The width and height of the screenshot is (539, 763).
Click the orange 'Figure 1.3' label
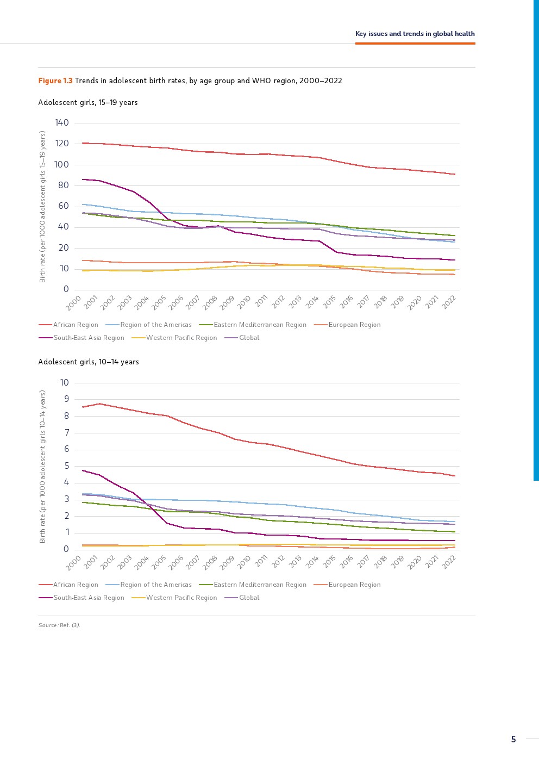click(x=55, y=80)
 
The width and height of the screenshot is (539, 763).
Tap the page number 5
click(x=513, y=739)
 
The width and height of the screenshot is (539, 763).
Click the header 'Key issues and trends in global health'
click(x=415, y=34)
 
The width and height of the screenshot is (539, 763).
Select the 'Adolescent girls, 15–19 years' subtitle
click(x=88, y=102)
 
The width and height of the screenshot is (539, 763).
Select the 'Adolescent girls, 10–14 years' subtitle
click(x=89, y=362)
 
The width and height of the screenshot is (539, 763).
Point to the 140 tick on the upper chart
click(x=62, y=123)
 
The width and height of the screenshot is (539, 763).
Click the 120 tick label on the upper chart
click(x=62, y=144)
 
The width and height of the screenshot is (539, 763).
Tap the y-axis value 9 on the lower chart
click(x=66, y=399)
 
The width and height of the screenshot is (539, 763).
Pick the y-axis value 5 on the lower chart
click(x=66, y=466)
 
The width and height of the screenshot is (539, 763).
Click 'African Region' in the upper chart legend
click(x=76, y=325)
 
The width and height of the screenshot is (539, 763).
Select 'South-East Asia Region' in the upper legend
click(x=89, y=338)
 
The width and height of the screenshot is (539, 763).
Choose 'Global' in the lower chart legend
click(x=249, y=598)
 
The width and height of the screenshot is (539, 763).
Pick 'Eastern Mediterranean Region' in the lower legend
click(x=260, y=585)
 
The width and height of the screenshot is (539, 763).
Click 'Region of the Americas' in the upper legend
click(x=156, y=325)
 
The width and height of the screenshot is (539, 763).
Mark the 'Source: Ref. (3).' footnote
click(x=59, y=625)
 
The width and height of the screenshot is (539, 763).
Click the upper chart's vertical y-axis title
click(x=42, y=207)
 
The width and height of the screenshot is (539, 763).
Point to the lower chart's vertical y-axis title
click(x=42, y=466)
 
